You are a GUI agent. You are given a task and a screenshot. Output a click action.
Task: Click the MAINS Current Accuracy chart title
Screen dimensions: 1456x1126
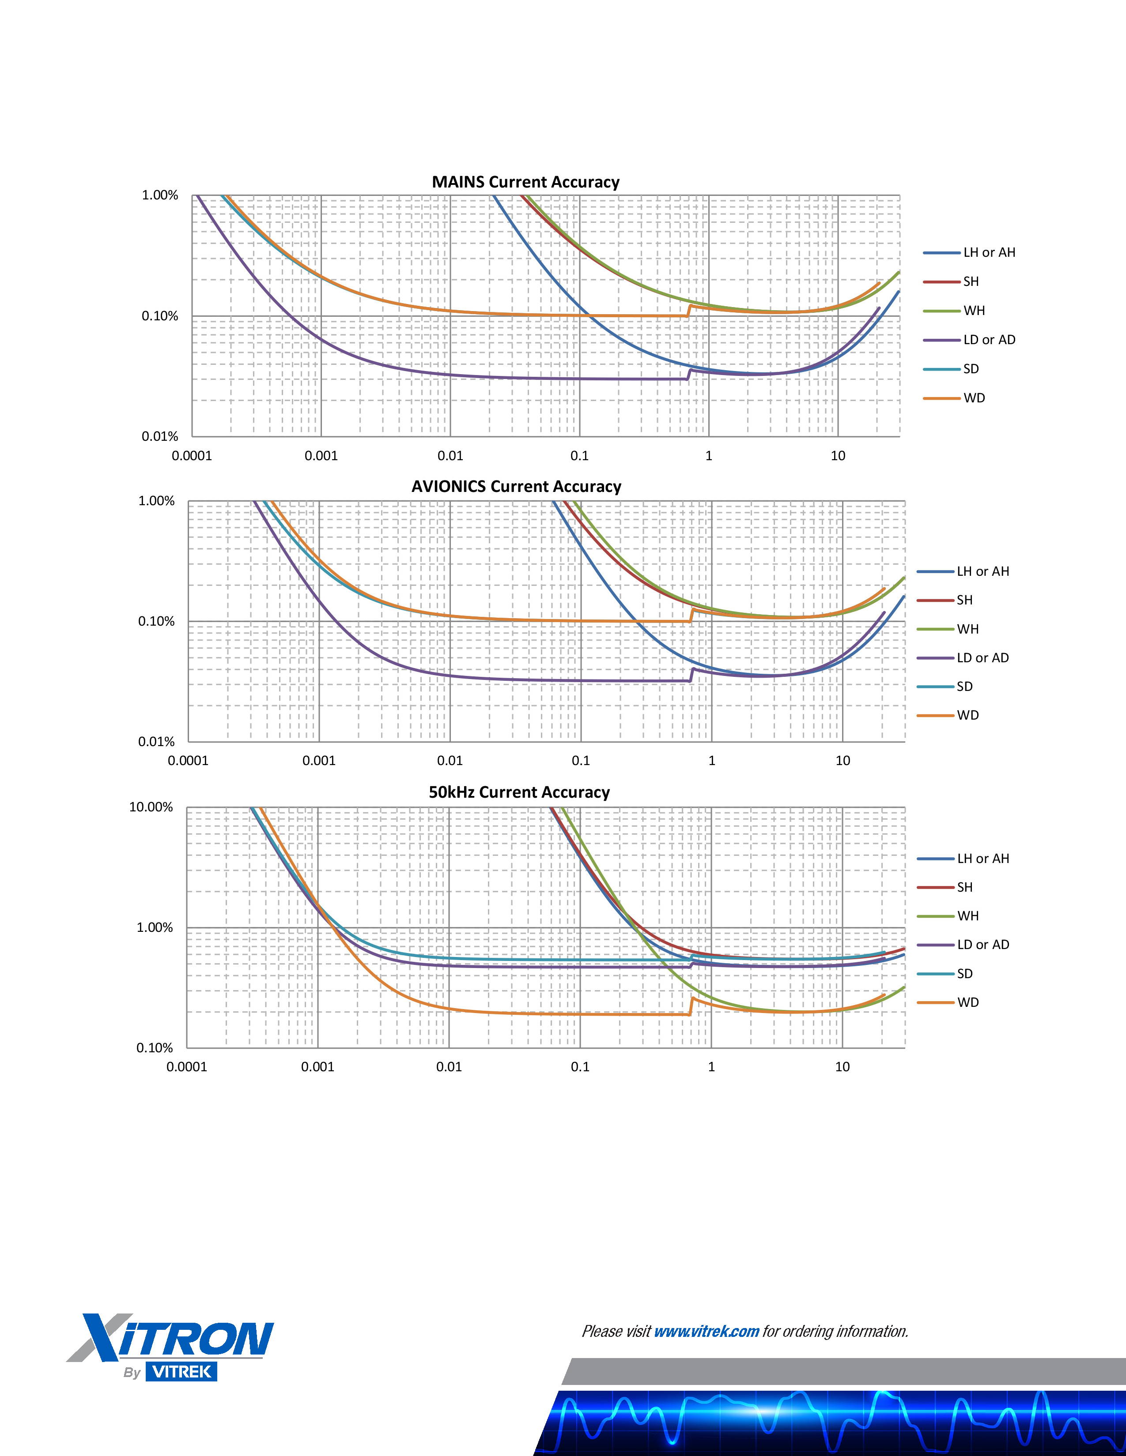click(x=525, y=182)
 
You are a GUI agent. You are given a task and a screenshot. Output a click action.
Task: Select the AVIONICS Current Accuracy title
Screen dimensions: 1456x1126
click(x=516, y=487)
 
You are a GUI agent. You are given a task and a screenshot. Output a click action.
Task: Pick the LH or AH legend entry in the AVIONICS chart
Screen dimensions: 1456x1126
click(x=982, y=571)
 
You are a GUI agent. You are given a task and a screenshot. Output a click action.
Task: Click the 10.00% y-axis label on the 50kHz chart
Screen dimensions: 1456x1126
click(x=151, y=807)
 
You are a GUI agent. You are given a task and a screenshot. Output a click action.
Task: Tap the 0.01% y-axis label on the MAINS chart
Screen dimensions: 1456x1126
click(x=160, y=437)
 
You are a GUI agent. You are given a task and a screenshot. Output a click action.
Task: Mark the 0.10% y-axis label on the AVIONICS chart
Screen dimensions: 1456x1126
click(x=156, y=621)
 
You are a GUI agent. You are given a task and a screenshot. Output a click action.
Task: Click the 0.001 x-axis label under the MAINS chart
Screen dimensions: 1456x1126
click(x=321, y=456)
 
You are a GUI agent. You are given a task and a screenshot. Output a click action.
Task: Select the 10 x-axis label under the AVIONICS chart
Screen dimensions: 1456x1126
click(x=843, y=761)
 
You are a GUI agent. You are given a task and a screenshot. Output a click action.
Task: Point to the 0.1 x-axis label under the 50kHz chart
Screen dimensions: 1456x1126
click(x=580, y=1067)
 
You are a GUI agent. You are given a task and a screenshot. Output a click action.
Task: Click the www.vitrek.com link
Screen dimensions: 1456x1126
click(x=707, y=1331)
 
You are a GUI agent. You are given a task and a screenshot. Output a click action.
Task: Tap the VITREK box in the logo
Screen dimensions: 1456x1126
click(x=181, y=1371)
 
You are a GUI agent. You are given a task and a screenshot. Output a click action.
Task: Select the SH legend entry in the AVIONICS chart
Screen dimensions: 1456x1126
click(x=964, y=600)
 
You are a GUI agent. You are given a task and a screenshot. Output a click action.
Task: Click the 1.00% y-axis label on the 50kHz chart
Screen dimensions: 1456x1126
click(x=155, y=927)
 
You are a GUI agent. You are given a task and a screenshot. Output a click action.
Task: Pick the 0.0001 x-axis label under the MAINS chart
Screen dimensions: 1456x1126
click(x=192, y=456)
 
